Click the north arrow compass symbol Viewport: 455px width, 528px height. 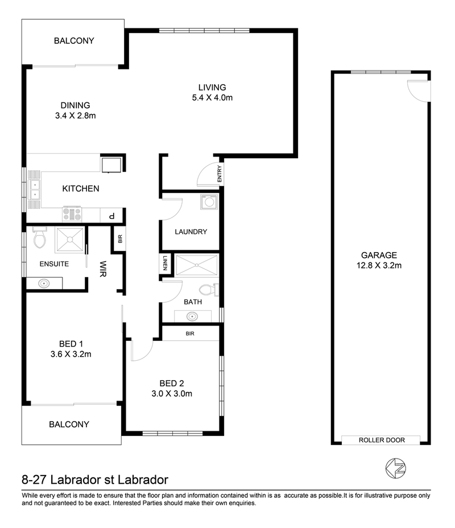pyautogui.click(x=395, y=468)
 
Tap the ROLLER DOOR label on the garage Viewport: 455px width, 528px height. pyautogui.click(x=382, y=440)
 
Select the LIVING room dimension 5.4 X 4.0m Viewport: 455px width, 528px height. pyautogui.click(x=212, y=98)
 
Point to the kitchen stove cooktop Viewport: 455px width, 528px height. pyautogui.click(x=72, y=214)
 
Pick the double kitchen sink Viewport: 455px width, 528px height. pyautogui.click(x=34, y=190)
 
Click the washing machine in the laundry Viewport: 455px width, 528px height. pyautogui.click(x=209, y=202)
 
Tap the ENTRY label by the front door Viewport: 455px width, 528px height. pyautogui.click(x=220, y=174)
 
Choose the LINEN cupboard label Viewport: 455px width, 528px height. pyautogui.click(x=165, y=263)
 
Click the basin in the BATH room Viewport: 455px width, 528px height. pyautogui.click(x=192, y=316)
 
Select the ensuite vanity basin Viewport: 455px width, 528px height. pyautogui.click(x=44, y=283)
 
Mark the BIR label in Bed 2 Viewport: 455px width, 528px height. pyautogui.click(x=190, y=334)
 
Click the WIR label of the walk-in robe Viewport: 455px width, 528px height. pyautogui.click(x=103, y=269)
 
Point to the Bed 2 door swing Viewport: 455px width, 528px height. pyautogui.click(x=142, y=350)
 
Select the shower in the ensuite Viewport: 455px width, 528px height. pyautogui.click(x=70, y=240)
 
